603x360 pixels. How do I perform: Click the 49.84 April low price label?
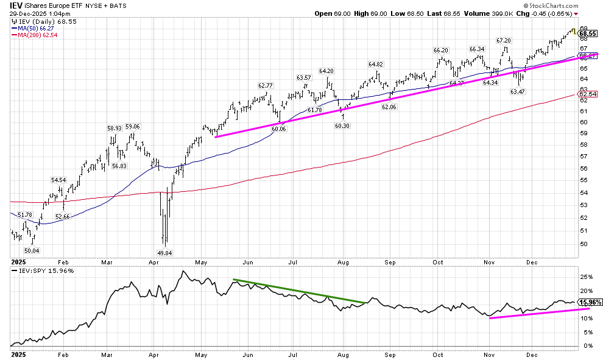[164, 253]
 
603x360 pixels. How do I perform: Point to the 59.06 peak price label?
[133, 127]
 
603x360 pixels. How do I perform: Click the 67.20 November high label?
[504, 40]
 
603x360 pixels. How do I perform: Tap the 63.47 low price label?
[518, 91]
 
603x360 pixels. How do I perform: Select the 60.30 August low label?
[343, 125]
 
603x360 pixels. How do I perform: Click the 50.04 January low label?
[31, 250]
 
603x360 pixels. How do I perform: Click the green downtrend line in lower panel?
[298, 291]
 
